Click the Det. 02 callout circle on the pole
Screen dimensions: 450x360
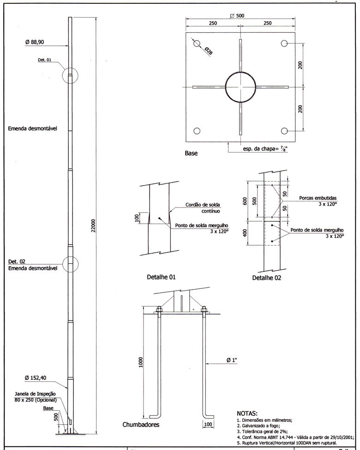coord(70,264)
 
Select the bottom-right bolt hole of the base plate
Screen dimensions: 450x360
coord(284,131)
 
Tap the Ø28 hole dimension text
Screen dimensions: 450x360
coord(208,52)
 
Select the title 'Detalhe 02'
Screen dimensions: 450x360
coord(266,278)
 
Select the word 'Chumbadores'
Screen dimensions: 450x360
coord(141,424)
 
